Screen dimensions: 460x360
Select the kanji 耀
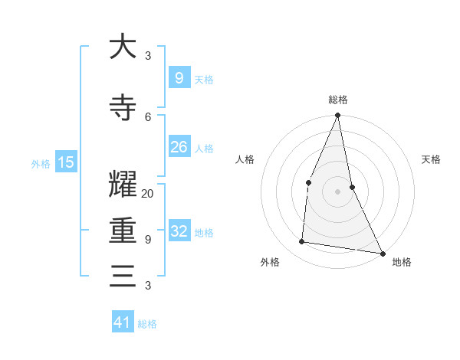coord(123,184)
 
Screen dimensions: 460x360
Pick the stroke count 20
coord(148,194)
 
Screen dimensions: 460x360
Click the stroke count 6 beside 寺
coord(148,116)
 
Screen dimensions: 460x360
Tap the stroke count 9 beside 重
coord(148,239)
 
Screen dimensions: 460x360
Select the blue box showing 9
coord(179,77)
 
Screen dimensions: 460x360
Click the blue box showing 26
coord(179,147)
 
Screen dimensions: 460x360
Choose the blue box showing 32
coord(179,231)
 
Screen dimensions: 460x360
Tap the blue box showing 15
coord(66,162)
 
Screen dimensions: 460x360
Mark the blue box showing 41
coord(123,322)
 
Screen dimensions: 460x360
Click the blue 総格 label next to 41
coord(147,324)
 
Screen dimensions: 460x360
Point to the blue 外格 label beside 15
coord(41,163)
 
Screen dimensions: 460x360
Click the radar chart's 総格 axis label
coord(337,100)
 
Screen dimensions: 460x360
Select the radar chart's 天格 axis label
coord(431,159)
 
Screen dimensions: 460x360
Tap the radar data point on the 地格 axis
coord(382,253)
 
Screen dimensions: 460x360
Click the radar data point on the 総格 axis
coord(337,116)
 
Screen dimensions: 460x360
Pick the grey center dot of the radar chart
coord(337,191)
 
